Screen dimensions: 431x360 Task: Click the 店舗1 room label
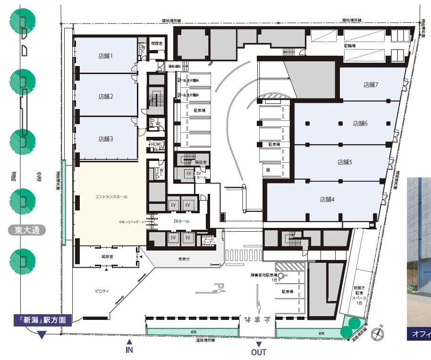[105, 56]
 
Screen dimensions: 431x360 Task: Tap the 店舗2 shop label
[105, 97]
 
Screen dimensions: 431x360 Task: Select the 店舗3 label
[105, 139]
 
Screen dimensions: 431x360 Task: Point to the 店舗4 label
[327, 200]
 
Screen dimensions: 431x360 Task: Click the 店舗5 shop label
[345, 162]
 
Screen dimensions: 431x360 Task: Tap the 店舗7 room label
[371, 85]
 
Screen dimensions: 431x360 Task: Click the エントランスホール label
[111, 197]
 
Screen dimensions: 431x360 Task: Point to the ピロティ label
[102, 291]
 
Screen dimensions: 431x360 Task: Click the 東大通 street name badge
[29, 230]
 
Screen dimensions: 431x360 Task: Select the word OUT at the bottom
[258, 352]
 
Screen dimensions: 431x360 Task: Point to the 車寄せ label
[184, 259]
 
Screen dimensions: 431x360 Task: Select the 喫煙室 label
[156, 43]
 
